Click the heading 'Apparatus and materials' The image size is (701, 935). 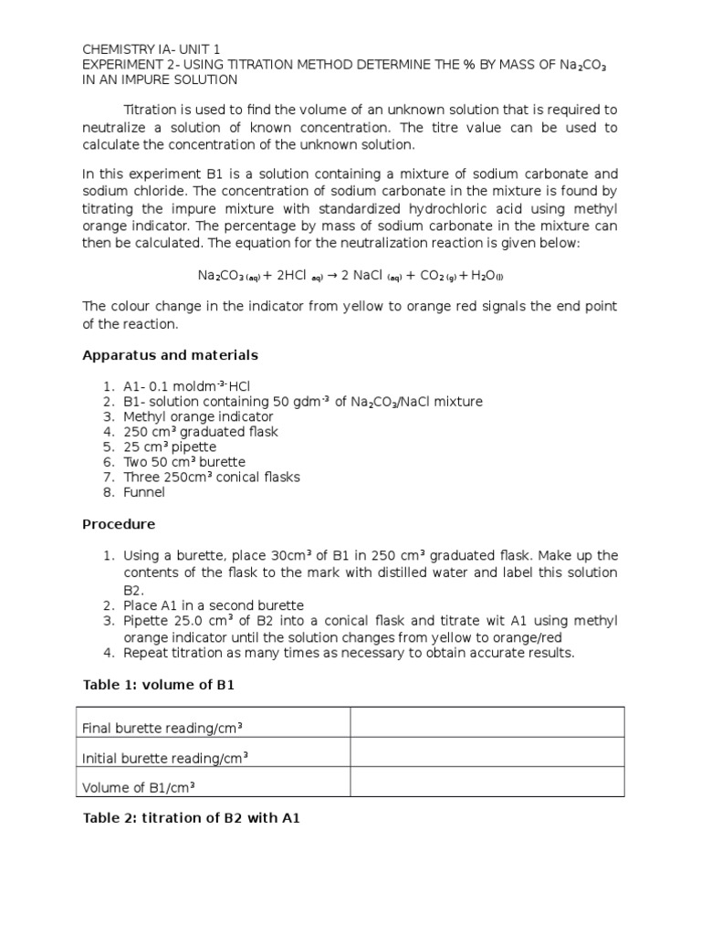click(170, 355)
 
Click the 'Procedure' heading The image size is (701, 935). click(119, 524)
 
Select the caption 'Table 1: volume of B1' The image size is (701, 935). click(159, 685)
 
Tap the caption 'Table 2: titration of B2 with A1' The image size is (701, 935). click(191, 819)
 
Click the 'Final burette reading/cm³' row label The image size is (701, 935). click(162, 728)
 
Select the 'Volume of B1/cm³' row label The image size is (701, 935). click(140, 788)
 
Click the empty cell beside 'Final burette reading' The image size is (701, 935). click(487, 722)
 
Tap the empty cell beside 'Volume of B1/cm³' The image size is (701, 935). click(487, 782)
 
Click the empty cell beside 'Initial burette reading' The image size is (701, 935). click(487, 752)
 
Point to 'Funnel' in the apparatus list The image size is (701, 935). click(144, 492)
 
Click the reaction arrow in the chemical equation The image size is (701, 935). click(336, 275)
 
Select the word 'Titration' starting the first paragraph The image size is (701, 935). click(152, 110)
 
